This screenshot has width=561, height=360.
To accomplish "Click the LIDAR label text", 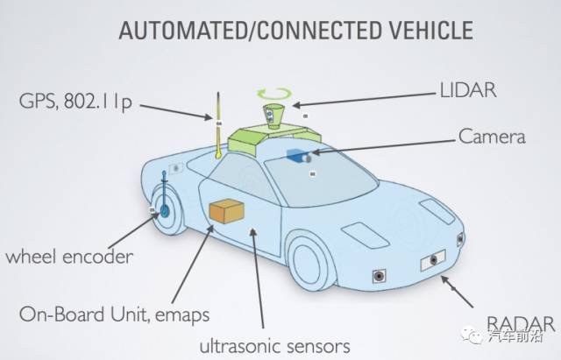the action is pos(468,90).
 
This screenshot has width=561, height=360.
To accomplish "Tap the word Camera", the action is pos(492,137).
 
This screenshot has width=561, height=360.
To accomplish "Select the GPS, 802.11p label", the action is pos(75,102).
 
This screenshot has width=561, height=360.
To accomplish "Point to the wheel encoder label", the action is pos(69,257).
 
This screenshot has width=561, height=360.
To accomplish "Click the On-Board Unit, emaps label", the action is pos(114,315).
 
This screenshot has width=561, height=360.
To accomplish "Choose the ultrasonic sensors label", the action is pos(274,346).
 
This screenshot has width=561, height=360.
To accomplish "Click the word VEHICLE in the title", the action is pos(430,30).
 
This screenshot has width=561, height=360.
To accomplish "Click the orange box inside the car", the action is pos(226,212).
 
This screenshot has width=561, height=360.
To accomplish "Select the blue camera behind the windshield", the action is pos(298,156).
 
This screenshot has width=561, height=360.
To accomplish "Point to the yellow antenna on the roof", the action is pos(218,125).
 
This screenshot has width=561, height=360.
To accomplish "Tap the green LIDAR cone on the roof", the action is pos(273,116).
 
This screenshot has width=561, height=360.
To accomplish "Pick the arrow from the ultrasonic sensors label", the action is pos(258,278).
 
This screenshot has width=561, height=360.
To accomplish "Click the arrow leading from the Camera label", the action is pos(384,146).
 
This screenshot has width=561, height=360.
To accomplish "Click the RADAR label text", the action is pos(521,324).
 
